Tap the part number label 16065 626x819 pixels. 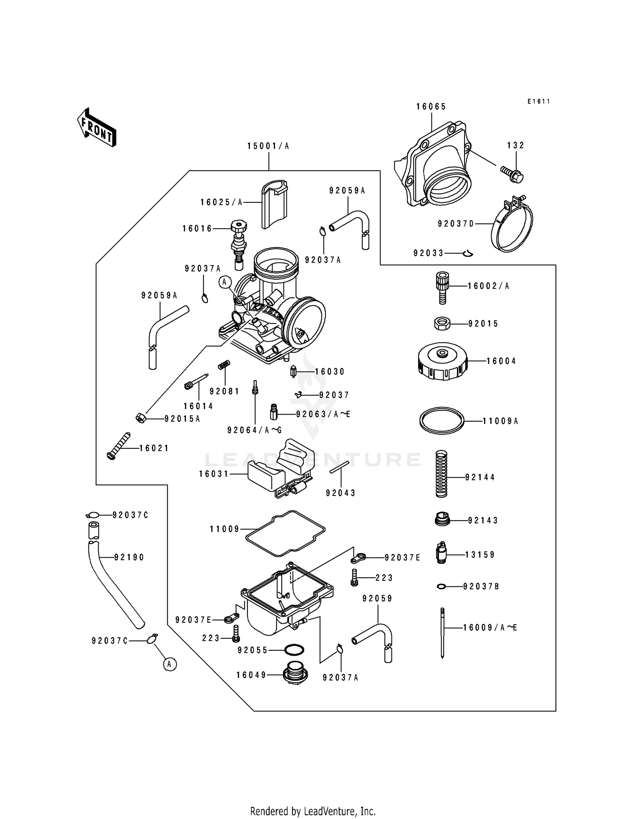tap(431, 107)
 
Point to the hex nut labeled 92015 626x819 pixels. tap(442, 324)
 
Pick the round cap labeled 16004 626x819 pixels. tap(442, 361)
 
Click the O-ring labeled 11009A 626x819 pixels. tap(442, 421)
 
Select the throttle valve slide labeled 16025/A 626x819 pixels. tap(274, 204)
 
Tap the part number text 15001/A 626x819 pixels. tap(268, 146)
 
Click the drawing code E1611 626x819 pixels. tap(538, 101)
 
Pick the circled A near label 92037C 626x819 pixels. tap(169, 664)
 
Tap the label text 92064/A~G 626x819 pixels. tap(255, 430)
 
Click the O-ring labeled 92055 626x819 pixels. tap(294, 650)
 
